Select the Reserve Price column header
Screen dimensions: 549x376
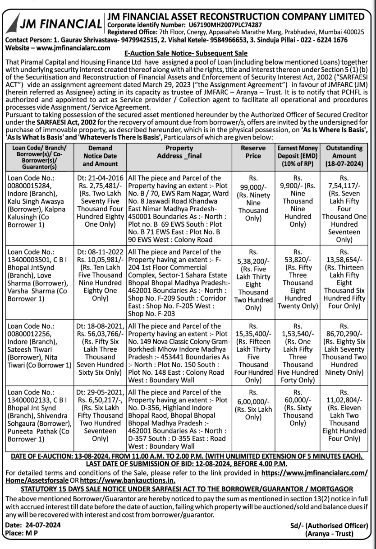tap(253, 152)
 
